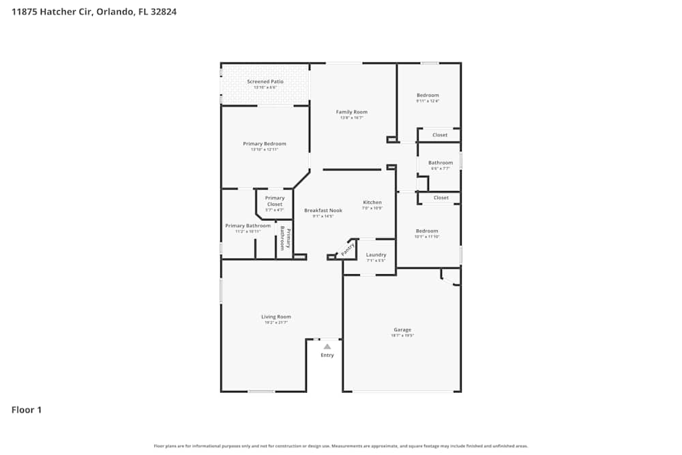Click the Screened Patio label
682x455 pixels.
coord(265,82)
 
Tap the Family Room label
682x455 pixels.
coord(351,112)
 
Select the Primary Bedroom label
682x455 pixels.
coord(265,144)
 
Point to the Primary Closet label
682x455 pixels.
coord(275,201)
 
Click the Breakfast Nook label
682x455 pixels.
coord(323,211)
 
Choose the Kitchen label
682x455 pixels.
coord(372,203)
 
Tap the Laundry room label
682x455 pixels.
coord(376,255)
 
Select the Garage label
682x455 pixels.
coord(402,330)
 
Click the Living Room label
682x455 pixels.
coord(276,317)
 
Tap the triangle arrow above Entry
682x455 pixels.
coord(327,347)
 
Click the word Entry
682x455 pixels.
coord(327,355)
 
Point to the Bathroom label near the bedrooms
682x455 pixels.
coord(441,163)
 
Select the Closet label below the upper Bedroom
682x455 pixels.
coord(441,135)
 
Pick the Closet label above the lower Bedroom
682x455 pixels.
coord(441,198)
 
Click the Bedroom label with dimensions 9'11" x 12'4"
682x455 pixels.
coord(428,96)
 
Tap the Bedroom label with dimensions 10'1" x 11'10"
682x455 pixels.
coord(427,231)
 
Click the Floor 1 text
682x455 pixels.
coord(27,410)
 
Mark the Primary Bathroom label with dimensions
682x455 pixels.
coord(248,226)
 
